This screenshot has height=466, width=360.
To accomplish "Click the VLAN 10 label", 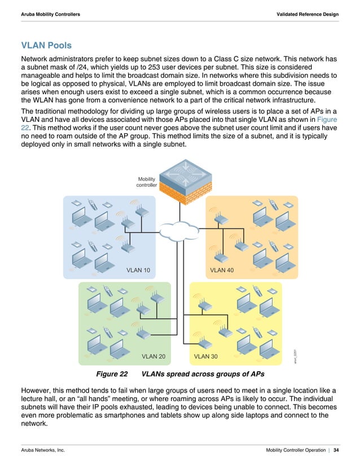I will pos(138,270).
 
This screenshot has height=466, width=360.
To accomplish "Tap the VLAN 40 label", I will pos(222,270).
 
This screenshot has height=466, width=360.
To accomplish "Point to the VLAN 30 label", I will pos(206,357).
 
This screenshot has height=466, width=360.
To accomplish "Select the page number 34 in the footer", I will pos(336,450).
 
